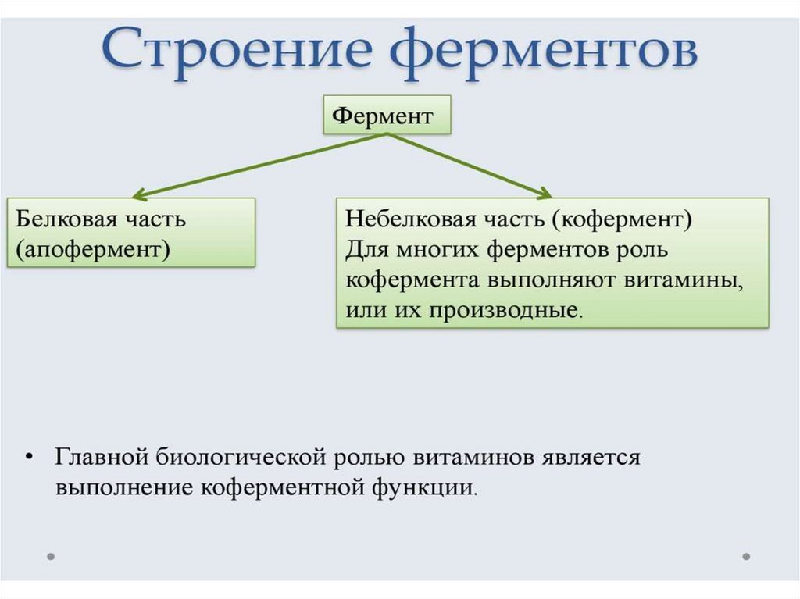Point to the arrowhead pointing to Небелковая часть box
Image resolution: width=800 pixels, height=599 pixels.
[545, 193]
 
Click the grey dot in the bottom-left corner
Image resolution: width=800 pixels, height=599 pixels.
[51, 557]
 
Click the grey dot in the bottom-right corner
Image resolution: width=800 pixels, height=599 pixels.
[746, 557]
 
